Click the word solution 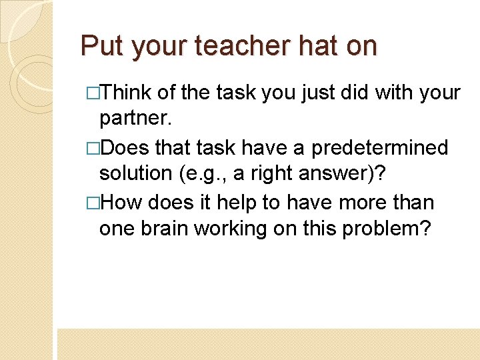coord(135,173)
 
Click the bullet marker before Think coord(93,93)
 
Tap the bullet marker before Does coord(93,147)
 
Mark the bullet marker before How coord(93,201)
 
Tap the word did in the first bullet coord(353,92)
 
